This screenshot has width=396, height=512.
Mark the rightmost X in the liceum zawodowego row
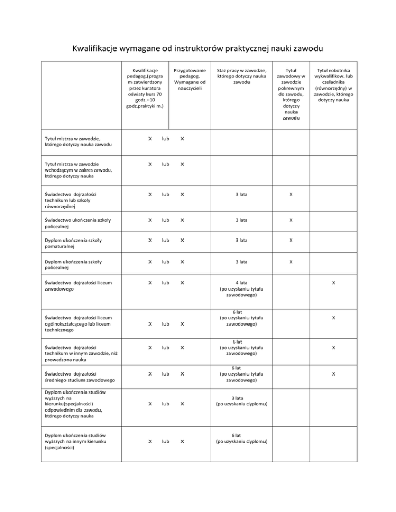click(334, 283)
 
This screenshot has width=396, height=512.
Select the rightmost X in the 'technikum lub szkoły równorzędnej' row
click(291, 195)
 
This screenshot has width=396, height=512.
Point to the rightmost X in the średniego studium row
click(334, 373)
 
